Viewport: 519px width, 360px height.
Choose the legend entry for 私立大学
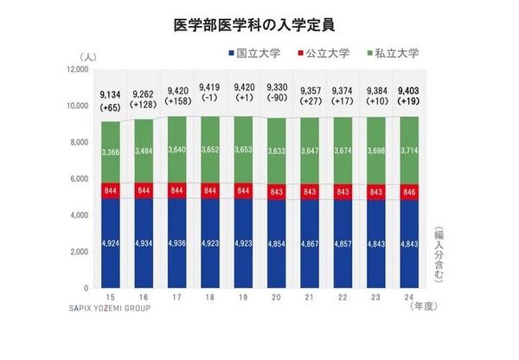(394, 53)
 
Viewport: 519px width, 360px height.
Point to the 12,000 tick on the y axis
(77, 68)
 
